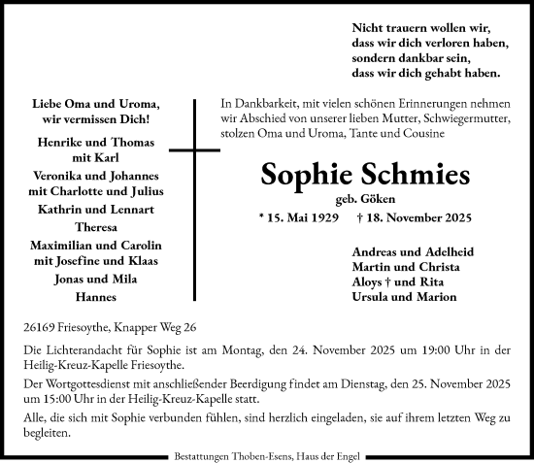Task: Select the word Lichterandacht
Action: click(x=84, y=348)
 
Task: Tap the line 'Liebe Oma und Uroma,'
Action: click(x=96, y=104)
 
